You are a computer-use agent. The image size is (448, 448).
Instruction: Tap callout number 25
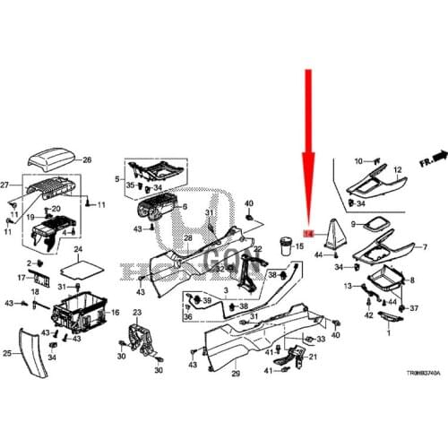[x=7, y=353]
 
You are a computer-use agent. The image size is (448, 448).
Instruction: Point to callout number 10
[x=358, y=161]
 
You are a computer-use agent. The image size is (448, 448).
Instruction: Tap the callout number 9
[x=353, y=224]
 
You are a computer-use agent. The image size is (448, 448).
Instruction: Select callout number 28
[x=188, y=239]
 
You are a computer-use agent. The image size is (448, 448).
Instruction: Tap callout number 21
[x=313, y=358]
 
